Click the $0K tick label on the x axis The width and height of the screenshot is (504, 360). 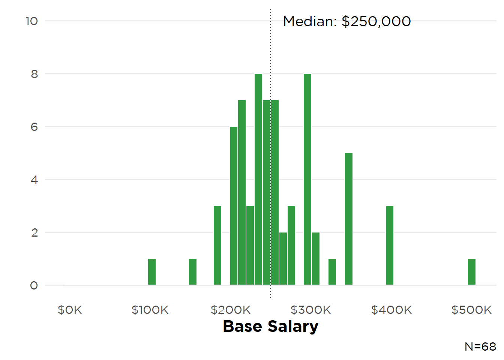[70, 310]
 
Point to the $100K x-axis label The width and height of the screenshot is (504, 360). [150, 310]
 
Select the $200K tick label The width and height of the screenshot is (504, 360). [231, 310]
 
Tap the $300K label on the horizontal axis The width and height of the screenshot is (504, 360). [311, 310]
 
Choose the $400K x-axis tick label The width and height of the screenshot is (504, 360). [391, 310]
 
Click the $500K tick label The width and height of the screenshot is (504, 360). [471, 310]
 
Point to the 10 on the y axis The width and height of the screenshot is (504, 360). [32, 21]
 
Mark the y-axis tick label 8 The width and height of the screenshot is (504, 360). [34, 74]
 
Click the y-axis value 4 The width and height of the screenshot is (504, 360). [34, 180]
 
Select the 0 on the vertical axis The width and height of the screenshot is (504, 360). [34, 286]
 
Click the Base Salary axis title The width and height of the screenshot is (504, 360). [271, 326]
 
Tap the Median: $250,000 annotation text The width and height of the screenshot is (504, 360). [347, 21]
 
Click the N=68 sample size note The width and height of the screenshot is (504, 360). [480, 346]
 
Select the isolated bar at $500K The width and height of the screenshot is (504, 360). [471, 272]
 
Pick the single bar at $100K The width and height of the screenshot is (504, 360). [152, 272]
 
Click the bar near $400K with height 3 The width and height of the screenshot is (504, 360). [390, 246]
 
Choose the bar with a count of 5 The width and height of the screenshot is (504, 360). [349, 219]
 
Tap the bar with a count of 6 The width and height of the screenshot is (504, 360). [234, 206]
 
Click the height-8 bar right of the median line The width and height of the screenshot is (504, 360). [307, 180]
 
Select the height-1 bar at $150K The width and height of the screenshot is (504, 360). [193, 272]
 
